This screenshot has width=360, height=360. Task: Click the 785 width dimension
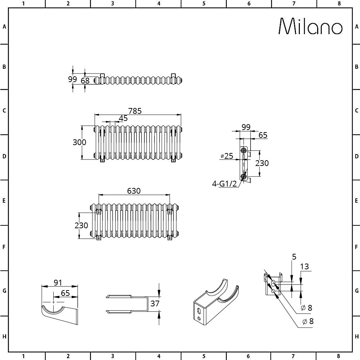tap(135, 111)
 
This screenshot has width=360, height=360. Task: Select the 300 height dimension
tap(80, 142)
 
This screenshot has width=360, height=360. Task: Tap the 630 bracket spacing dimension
tap(134, 191)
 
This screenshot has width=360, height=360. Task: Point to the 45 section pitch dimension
tap(123, 118)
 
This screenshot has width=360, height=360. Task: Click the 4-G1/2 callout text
tap(224, 184)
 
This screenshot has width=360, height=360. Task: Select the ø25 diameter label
tap(227, 156)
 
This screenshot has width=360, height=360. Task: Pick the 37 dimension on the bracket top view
tap(155, 304)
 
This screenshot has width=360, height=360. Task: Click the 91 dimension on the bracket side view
tap(58, 283)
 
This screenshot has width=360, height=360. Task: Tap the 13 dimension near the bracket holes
tap(305, 266)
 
